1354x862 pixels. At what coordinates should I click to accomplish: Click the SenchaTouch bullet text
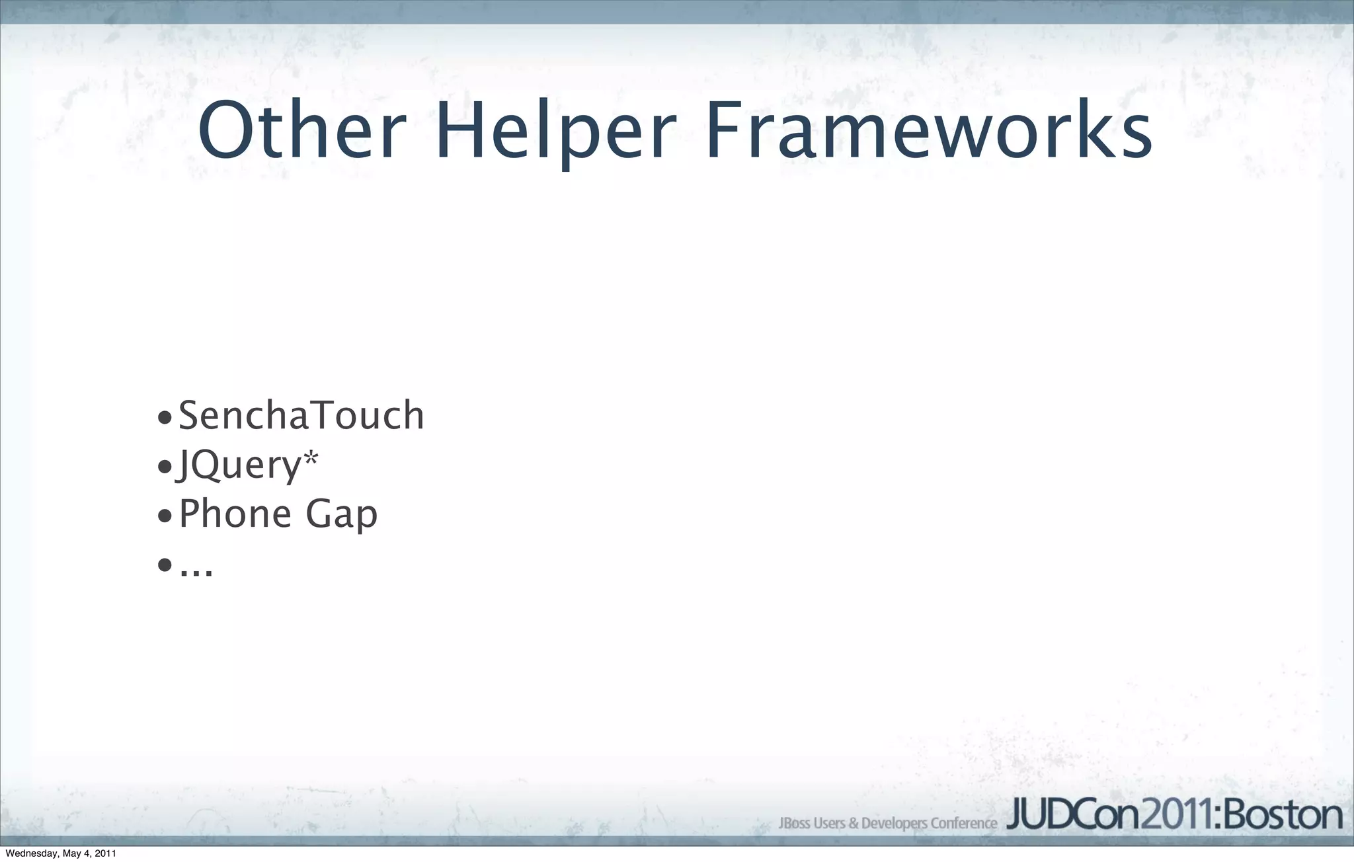pos(301,416)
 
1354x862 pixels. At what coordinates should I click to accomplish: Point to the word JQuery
pos(239,465)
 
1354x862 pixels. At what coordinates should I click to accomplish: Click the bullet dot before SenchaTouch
pos(165,418)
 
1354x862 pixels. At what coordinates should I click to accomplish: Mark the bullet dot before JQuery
pos(165,467)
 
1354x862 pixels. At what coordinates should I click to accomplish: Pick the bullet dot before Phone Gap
pos(165,516)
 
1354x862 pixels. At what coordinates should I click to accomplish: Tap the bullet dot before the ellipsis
pos(165,565)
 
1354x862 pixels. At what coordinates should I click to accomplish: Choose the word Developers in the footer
pos(894,824)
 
